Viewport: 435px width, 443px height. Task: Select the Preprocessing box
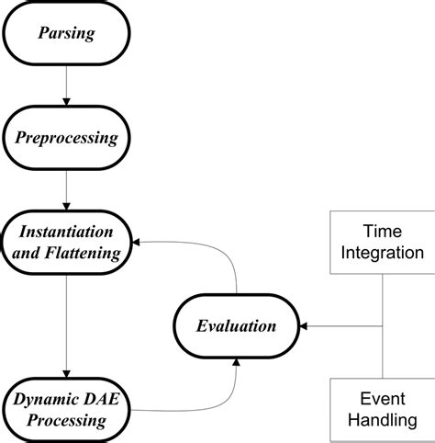pos(67,139)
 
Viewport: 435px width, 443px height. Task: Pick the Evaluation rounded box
pos(237,326)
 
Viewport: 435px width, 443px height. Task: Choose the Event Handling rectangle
pos(380,410)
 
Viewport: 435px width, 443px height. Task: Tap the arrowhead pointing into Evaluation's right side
pos(307,326)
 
